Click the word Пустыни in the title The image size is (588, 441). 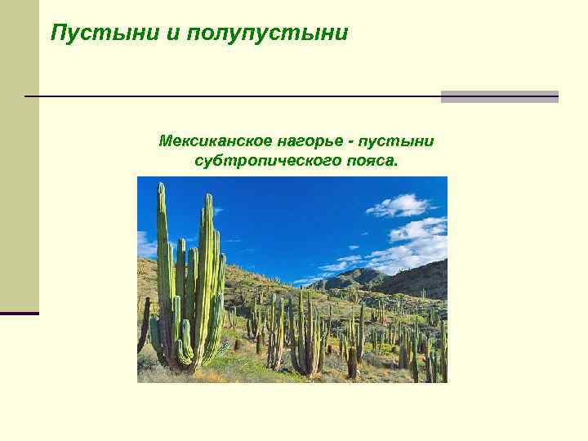point(89,33)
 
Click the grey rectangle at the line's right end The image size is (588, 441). point(499,96)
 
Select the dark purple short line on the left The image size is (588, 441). point(19,313)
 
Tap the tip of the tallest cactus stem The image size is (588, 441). point(161,186)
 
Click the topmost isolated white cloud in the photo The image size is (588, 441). point(400,204)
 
